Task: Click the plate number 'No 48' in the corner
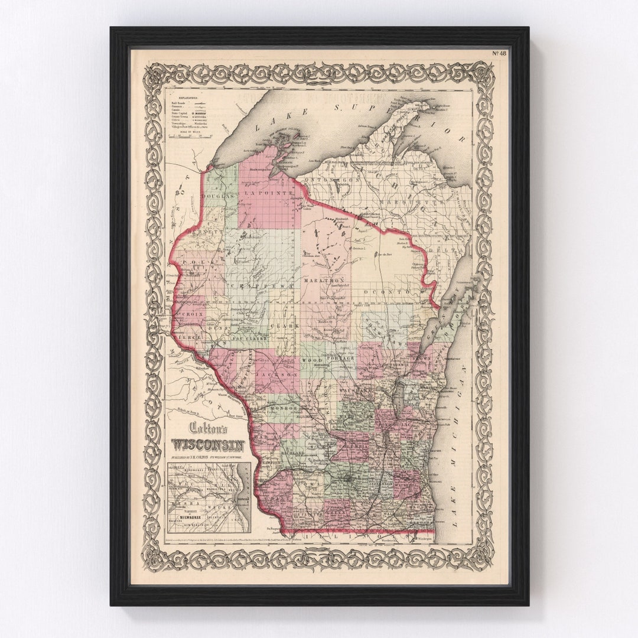point(499,53)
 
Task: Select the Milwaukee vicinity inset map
point(209,497)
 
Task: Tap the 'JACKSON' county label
point(276,375)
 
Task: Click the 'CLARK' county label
point(281,327)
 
